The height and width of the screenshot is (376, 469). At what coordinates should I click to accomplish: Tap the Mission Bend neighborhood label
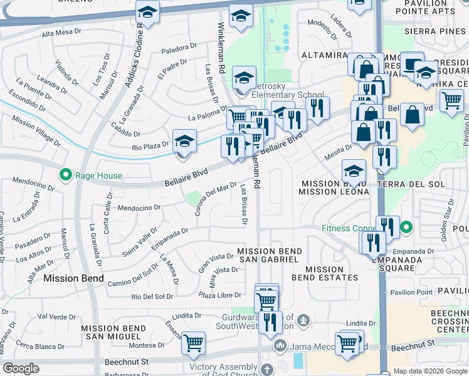coord(70,278)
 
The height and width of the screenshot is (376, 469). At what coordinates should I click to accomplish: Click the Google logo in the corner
coord(21,368)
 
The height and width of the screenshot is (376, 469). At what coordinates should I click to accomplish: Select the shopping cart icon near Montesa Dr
coord(194,342)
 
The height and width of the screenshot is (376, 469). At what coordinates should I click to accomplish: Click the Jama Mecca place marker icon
coord(280,346)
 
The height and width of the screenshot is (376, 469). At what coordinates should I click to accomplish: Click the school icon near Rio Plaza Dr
coord(184,141)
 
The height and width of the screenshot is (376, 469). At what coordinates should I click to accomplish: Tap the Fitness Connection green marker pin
coord(406,227)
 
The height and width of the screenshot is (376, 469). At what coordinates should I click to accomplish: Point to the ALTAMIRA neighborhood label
coord(324,55)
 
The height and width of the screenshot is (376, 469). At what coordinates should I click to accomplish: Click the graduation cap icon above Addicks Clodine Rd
coord(148,12)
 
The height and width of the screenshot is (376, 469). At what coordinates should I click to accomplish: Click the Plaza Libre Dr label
coord(219,295)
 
